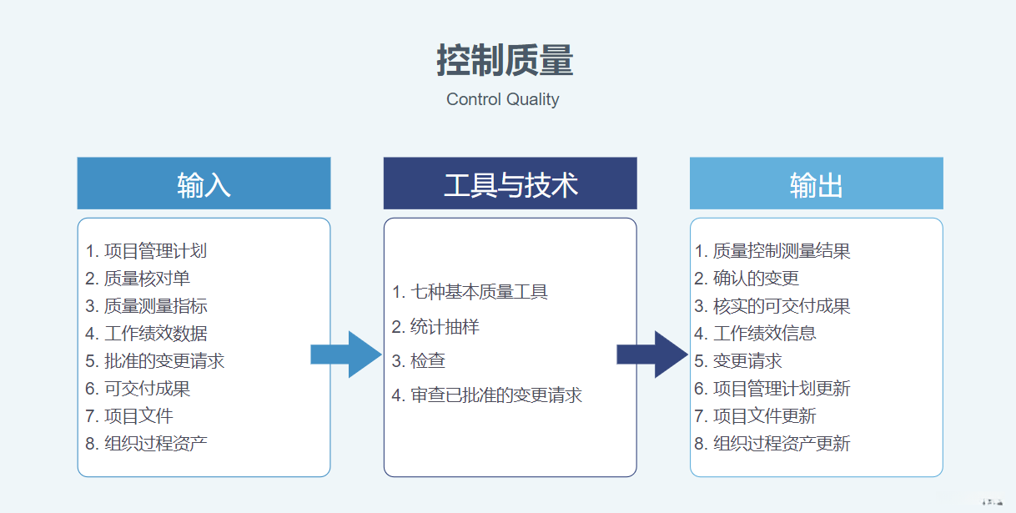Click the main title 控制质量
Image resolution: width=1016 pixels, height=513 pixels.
(x=505, y=61)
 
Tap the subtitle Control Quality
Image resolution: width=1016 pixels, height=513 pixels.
(x=502, y=99)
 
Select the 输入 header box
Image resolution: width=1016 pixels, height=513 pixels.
(x=204, y=184)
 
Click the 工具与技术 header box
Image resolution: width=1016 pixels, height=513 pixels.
(x=510, y=184)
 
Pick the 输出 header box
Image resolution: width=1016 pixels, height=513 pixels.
(x=816, y=184)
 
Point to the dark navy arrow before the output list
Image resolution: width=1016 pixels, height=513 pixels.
(x=651, y=355)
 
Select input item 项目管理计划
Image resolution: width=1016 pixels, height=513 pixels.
(x=147, y=251)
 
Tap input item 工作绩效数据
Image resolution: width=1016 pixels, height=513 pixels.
(x=147, y=334)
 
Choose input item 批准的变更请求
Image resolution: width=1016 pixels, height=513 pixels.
(x=155, y=361)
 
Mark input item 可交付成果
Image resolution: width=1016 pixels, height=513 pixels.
(x=138, y=389)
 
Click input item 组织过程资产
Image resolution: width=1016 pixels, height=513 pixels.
(x=147, y=444)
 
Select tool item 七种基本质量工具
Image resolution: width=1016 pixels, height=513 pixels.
(x=470, y=292)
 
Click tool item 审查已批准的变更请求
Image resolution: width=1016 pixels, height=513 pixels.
(x=487, y=395)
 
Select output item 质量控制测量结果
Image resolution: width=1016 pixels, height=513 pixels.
(x=772, y=251)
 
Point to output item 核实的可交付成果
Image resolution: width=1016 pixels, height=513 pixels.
(x=772, y=306)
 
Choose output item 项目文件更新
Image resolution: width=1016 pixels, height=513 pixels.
(x=756, y=416)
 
